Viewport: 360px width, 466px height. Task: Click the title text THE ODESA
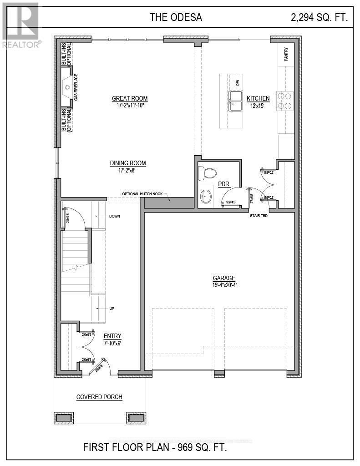point(176,18)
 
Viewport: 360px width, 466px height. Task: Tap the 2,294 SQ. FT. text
point(319,18)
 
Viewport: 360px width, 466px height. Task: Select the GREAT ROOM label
point(130,98)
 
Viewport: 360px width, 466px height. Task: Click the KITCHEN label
point(258,98)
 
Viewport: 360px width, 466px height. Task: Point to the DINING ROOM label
point(128,163)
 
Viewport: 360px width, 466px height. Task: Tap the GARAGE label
point(224,278)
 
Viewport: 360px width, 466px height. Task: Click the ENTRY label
point(112,336)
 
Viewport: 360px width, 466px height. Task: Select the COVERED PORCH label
point(99,397)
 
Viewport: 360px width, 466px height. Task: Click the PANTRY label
point(287,55)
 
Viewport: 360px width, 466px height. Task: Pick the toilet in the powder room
point(210,172)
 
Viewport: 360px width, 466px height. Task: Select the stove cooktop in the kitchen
point(285,101)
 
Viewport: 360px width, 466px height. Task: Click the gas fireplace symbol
point(67,86)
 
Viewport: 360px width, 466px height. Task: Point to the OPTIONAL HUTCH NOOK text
point(142,194)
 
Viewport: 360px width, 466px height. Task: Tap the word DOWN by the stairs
point(115,216)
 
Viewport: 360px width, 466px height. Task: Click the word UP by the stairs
point(112,309)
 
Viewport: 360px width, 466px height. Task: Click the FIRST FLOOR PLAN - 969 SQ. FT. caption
point(155,447)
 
